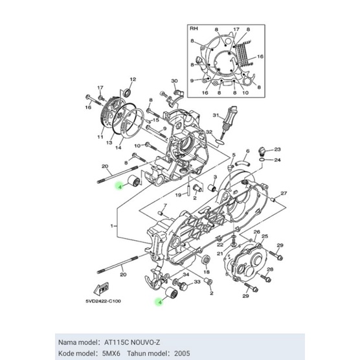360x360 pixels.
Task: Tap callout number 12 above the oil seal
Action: pyautogui.click(x=131, y=79)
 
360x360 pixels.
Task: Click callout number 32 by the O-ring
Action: pyautogui.click(x=208, y=132)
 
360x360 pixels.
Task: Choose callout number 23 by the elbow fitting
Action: pyautogui.click(x=276, y=149)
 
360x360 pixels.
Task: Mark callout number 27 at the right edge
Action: pyautogui.click(x=283, y=192)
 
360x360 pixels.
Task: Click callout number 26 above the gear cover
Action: pyautogui.click(x=256, y=232)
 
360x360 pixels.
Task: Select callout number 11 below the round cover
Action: pyautogui.click(x=100, y=138)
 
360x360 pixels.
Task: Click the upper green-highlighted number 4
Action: pyautogui.click(x=118, y=186)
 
